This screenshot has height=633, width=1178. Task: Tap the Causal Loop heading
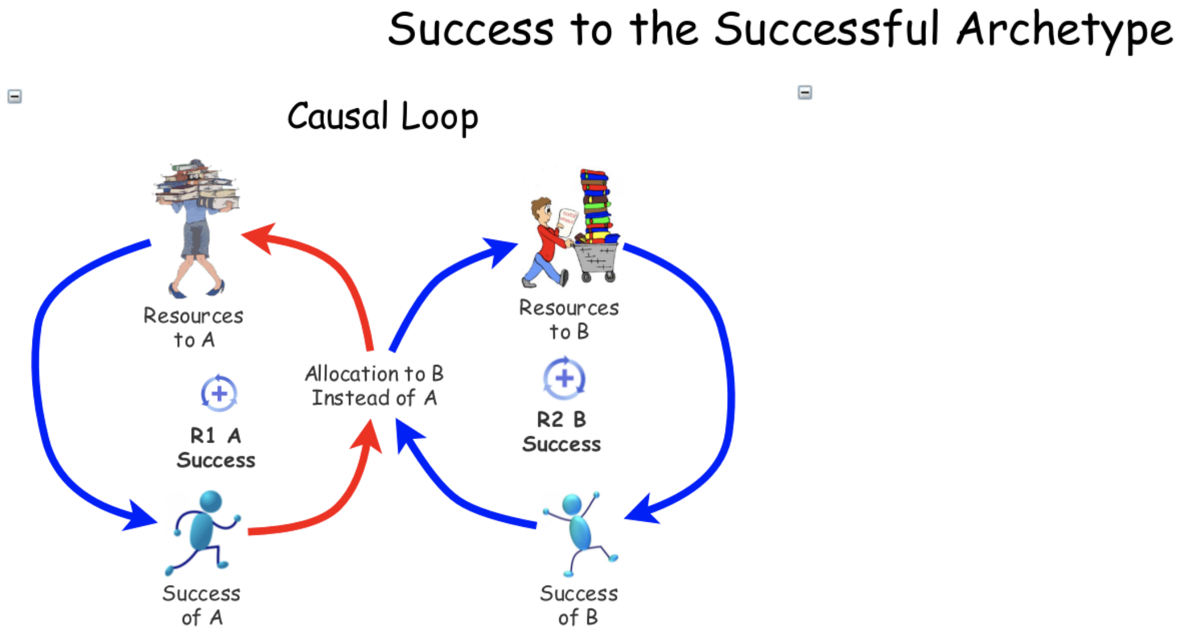point(383,117)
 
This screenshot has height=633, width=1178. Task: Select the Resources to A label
point(193,327)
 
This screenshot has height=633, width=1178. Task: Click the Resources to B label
point(568,319)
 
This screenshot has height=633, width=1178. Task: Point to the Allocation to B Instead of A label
point(374,386)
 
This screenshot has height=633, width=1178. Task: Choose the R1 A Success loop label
point(216,448)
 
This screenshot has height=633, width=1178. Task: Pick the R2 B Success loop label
point(562,432)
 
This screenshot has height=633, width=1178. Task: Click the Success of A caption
point(201,605)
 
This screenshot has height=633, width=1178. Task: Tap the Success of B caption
point(578,605)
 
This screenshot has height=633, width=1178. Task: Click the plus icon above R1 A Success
point(219,393)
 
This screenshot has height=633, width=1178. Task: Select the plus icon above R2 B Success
point(564,378)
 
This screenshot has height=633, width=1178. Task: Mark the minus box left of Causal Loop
point(15,96)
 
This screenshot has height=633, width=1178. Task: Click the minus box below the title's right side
point(805,92)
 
